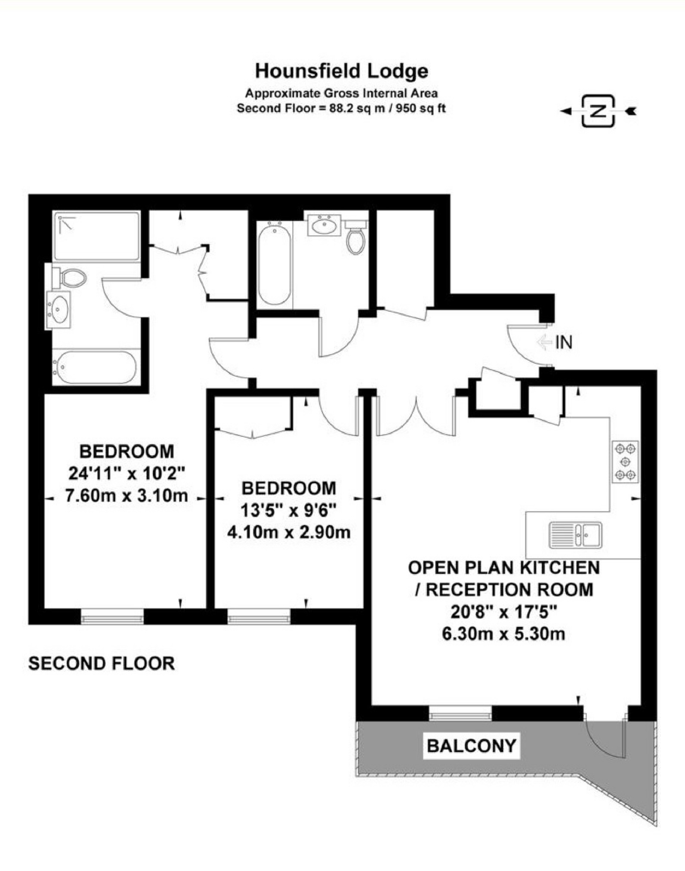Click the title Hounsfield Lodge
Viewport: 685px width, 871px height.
click(x=342, y=71)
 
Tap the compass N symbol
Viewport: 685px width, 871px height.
click(x=598, y=111)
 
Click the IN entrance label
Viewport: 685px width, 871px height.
click(x=564, y=342)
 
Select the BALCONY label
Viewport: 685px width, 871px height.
click(x=471, y=745)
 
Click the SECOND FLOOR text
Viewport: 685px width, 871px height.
click(x=102, y=663)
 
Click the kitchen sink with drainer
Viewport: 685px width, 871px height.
click(x=576, y=535)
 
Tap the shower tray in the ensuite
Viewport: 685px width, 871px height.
click(x=96, y=236)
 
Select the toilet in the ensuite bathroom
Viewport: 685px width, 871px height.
click(x=69, y=277)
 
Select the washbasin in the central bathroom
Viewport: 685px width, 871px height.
click(x=324, y=225)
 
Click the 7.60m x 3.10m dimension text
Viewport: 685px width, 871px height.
click(x=127, y=496)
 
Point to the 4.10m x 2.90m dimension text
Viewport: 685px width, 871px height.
click(x=289, y=532)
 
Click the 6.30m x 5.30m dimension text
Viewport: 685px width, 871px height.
click(x=503, y=634)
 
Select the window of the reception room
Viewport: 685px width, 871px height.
click(x=460, y=713)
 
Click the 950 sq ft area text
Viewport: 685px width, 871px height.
click(x=420, y=108)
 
